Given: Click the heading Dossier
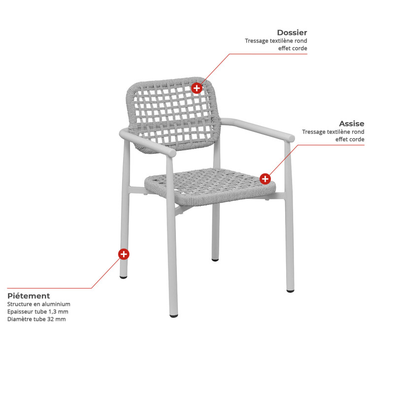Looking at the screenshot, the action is coord(292,33).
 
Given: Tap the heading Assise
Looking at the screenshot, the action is coord(352,124).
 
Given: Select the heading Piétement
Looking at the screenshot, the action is coord(29,296).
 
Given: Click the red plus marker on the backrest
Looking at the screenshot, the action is coord(197,88).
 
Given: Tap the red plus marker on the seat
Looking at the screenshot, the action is coord(265,179).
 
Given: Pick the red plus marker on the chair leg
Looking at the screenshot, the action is coord(124,254).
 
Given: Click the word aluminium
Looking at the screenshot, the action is coord(56,304).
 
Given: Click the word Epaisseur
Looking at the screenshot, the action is coord(20,312).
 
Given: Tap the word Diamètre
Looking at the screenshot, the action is coord(20,319).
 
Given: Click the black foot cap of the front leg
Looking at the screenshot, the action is coord(174,316).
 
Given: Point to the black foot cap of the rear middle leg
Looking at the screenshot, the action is coord(215,260).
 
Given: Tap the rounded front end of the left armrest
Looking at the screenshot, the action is coord(171,153).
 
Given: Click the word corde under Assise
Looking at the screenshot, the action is coord(357,139).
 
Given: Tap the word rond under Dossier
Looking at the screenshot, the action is coord(301,41).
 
